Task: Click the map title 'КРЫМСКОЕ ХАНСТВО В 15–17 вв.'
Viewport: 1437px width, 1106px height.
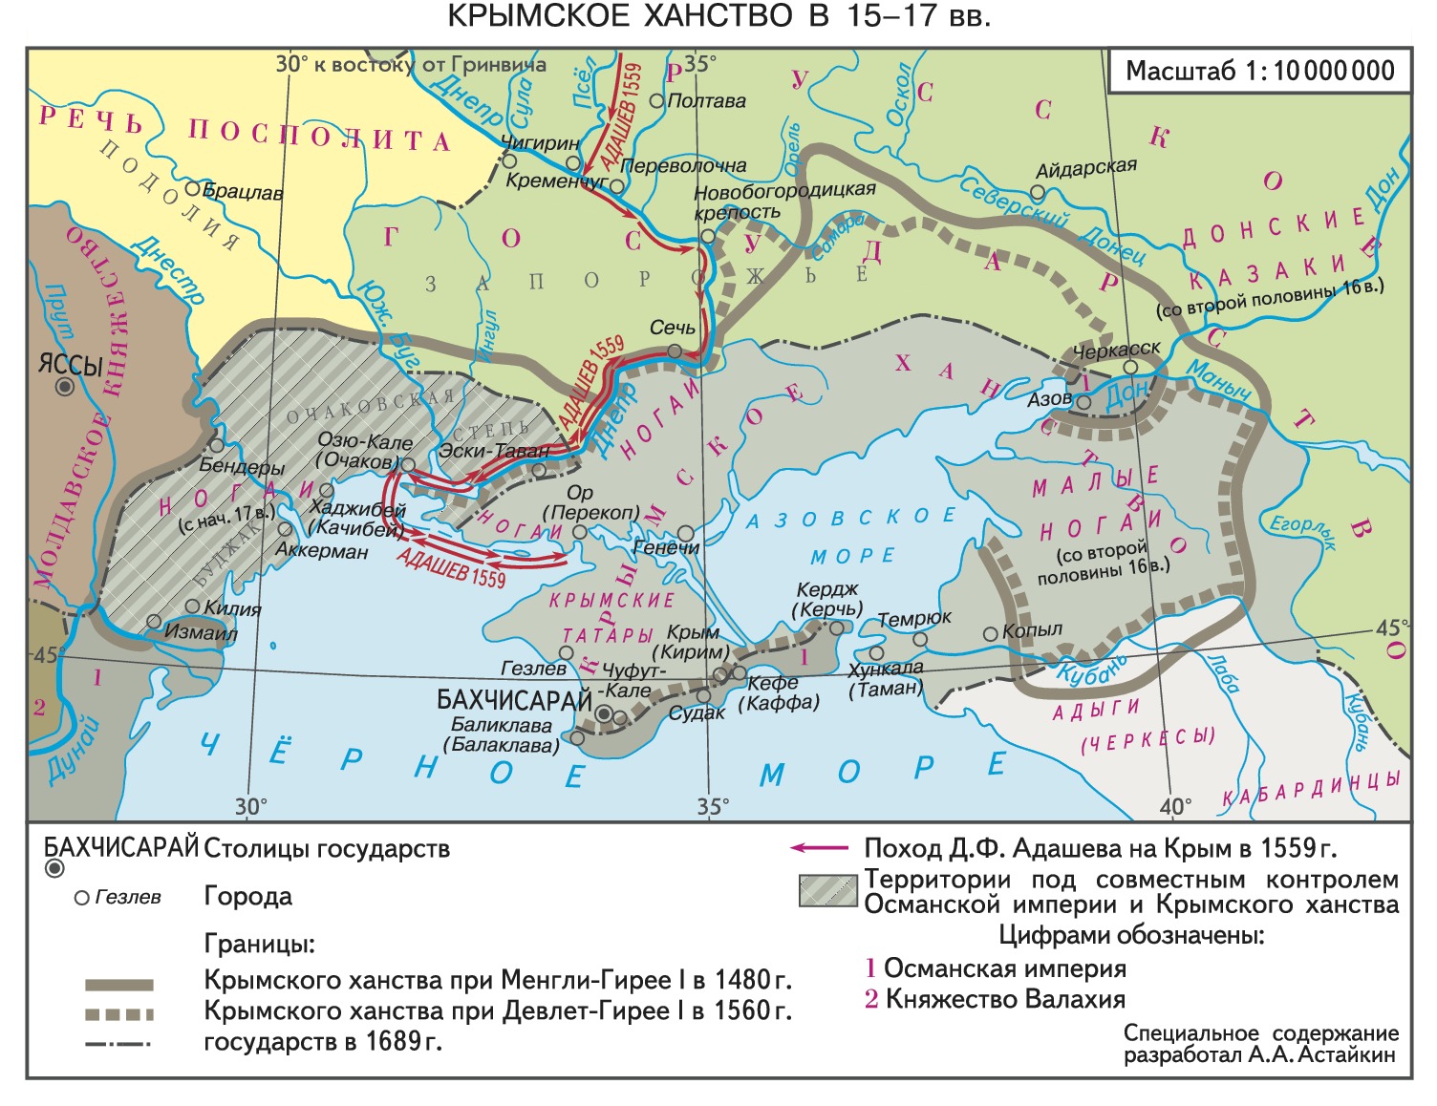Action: [x=718, y=16]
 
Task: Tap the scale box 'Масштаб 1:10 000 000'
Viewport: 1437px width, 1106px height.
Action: [x=1259, y=71]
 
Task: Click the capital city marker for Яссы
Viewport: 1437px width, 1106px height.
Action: [x=64, y=387]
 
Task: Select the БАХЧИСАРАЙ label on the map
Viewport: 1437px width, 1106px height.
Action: [x=514, y=700]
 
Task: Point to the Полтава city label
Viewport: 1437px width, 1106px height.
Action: [x=707, y=100]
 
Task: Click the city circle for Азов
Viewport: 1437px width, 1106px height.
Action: [x=1083, y=403]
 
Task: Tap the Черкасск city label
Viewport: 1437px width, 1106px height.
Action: [x=1116, y=351]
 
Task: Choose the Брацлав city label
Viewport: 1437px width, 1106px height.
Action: [x=243, y=192]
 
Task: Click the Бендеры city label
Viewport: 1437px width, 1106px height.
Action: [x=242, y=467]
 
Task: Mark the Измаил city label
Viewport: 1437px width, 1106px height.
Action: [x=201, y=631]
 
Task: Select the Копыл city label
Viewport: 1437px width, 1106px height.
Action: [x=1032, y=630]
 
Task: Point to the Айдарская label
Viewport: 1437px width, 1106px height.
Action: [x=1086, y=168]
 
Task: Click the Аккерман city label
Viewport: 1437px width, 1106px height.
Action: [x=321, y=551]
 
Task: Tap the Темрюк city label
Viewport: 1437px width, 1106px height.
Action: [x=914, y=619]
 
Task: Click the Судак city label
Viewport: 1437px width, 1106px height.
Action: [x=697, y=713]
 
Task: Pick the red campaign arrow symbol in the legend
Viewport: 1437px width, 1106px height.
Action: [x=819, y=848]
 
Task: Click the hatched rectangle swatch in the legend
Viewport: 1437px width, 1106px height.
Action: [x=827, y=891]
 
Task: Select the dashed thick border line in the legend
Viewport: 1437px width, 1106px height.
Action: [x=119, y=1014]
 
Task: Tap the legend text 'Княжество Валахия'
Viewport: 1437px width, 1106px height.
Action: [x=1005, y=999]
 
